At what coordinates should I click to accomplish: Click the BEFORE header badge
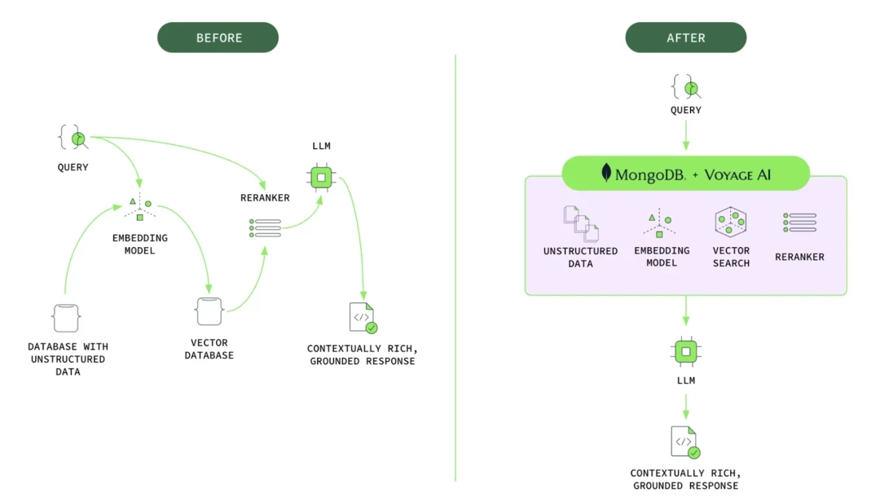pos(218,38)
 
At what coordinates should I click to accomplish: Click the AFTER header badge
pos(685,38)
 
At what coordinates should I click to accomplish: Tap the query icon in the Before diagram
pos(73,138)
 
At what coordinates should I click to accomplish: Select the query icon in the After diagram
pos(686,87)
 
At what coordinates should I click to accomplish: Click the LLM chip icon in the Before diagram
pos(322,177)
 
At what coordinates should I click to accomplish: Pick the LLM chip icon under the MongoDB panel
pos(686,352)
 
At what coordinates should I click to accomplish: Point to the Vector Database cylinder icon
pos(209,312)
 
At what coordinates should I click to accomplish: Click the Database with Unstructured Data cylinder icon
pos(66,317)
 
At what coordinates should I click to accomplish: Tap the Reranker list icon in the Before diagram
pos(266,228)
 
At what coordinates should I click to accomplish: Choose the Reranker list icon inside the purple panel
pos(799,222)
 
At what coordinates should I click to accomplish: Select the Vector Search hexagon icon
pos(731,222)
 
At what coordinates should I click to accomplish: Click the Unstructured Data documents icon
pos(581,223)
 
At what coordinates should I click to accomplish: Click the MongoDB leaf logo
pos(606,173)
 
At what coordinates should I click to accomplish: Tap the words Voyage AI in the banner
pos(748,174)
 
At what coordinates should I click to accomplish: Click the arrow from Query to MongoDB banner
pos(686,134)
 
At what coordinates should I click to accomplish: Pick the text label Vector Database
pos(209,349)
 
